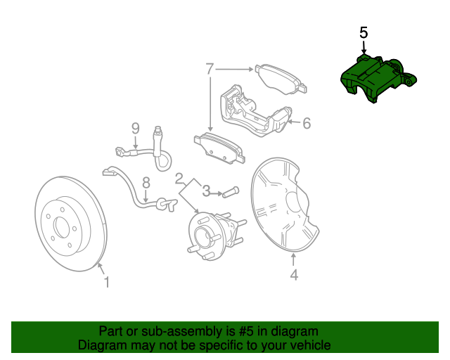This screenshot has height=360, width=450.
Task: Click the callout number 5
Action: click(364, 33)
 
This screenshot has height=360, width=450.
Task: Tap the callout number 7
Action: click(209, 69)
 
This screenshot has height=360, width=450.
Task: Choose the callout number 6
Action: click(307, 124)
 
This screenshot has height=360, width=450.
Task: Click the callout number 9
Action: click(136, 128)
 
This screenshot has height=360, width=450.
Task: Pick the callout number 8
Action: click(146, 182)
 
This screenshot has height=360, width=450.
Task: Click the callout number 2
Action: click(179, 178)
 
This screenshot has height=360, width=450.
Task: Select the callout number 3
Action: click(207, 190)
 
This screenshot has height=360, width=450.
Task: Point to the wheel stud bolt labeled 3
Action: click(232, 191)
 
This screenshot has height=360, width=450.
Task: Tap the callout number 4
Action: click(294, 276)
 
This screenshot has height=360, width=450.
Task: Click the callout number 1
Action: click(106, 282)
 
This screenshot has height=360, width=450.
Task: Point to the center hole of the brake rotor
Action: click(60, 227)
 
